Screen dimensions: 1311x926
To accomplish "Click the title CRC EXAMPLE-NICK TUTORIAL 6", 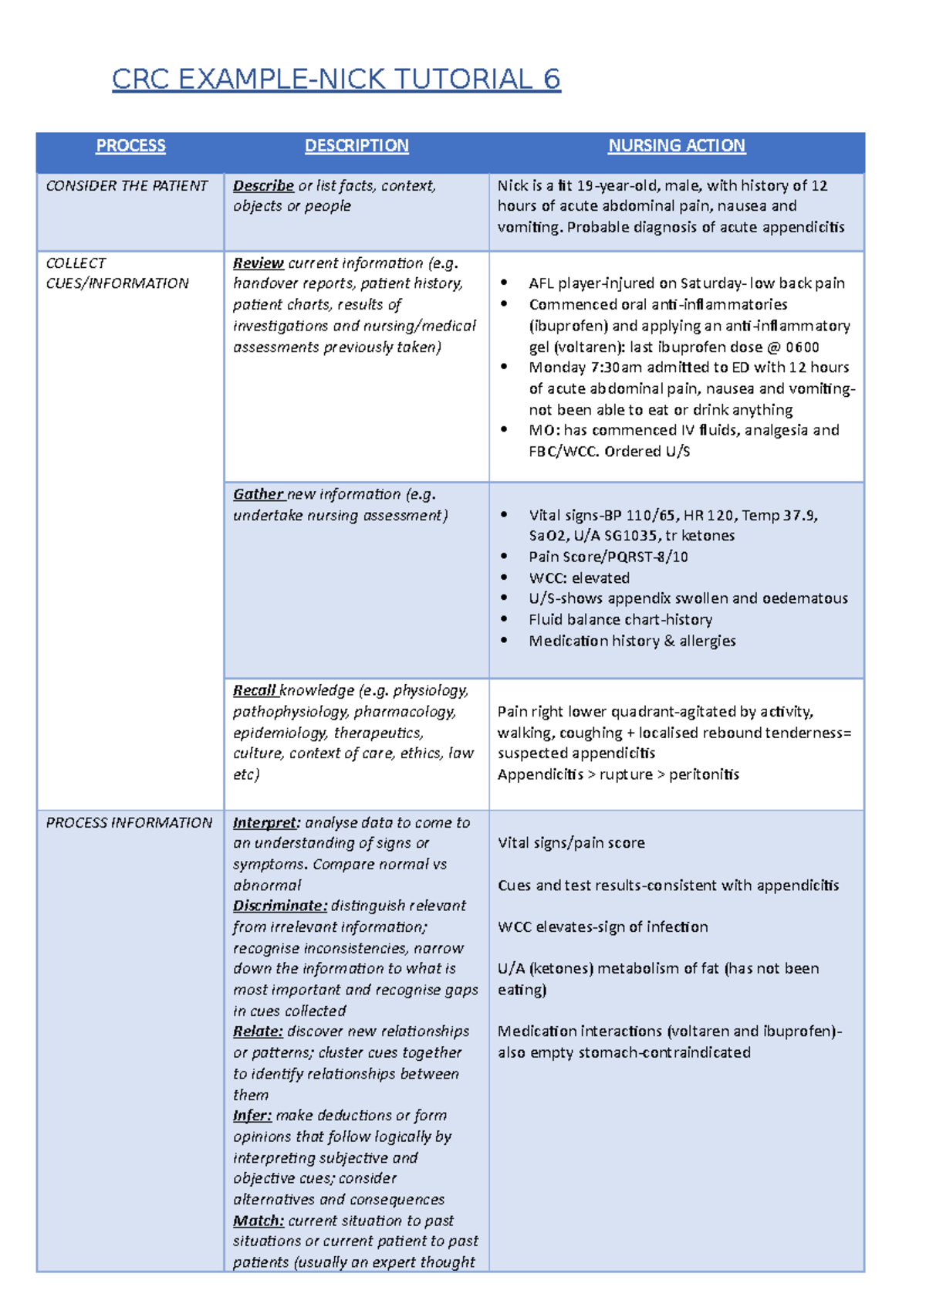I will pyautogui.click(x=336, y=79).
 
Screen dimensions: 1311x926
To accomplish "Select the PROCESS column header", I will pyautogui.click(x=130, y=146).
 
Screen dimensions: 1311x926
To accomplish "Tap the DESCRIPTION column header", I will pyautogui.click(x=357, y=146).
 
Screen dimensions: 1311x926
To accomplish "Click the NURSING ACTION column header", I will pyautogui.click(x=676, y=146).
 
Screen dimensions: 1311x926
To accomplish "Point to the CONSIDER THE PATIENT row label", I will pyautogui.click(x=127, y=186).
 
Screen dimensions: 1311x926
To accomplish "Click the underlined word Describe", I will pyautogui.click(x=263, y=186).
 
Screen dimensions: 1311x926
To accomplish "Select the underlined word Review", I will pyautogui.click(x=259, y=263).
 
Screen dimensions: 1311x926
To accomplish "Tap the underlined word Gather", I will pyautogui.click(x=259, y=494).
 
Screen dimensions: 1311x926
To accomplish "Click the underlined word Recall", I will pyautogui.click(x=255, y=690).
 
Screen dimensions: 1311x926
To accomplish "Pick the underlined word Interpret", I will pyautogui.click(x=265, y=823).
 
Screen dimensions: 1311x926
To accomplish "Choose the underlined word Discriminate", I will pyautogui.click(x=279, y=906).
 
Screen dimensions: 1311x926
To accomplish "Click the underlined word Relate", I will pyautogui.click(x=258, y=1032).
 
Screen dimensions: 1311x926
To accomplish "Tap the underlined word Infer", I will pyautogui.click(x=252, y=1116).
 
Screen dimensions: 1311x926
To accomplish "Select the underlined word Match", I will pyautogui.click(x=259, y=1221).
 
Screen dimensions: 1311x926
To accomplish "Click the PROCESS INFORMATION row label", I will pyautogui.click(x=129, y=823).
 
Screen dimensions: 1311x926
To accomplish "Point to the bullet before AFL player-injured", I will pyautogui.click(x=504, y=283).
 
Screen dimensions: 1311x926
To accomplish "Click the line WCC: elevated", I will pyautogui.click(x=579, y=578).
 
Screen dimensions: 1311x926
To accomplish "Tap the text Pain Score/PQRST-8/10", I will pyautogui.click(x=608, y=557).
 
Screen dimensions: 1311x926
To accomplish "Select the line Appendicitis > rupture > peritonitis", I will pyautogui.click(x=618, y=774).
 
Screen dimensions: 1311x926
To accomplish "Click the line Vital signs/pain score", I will pyautogui.click(x=571, y=843).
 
